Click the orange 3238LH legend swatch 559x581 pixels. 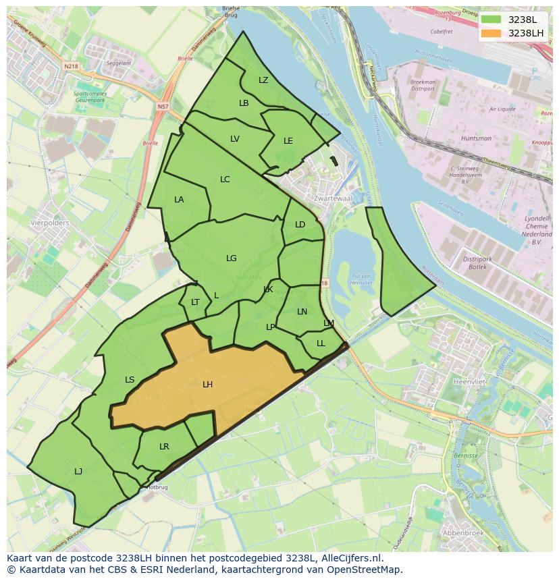click(491, 33)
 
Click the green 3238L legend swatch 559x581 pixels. click(491, 20)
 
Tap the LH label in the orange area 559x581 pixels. click(207, 385)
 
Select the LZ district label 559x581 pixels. click(263, 80)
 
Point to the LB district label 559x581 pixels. click(244, 103)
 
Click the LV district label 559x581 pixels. click(234, 139)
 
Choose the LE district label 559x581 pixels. click(288, 141)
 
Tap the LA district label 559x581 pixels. click(179, 200)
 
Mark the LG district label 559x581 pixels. click(232, 258)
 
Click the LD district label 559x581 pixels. click(300, 225)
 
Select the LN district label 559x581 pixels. click(302, 312)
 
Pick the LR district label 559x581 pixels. click(164, 447)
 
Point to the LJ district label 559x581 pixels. click(78, 472)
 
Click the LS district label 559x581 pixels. click(130, 380)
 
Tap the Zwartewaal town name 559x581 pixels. click(333, 199)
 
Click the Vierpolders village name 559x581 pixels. click(50, 221)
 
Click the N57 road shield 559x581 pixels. click(163, 107)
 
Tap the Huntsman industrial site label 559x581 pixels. click(477, 138)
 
